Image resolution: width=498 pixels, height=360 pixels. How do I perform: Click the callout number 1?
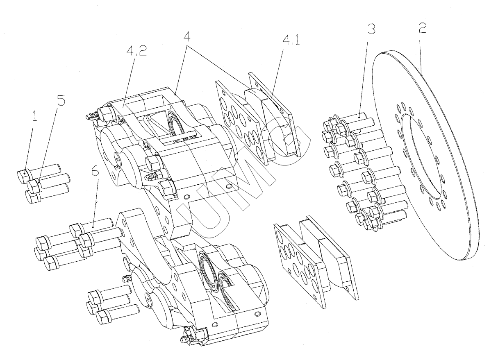pyautogui.click(x=34, y=118)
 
